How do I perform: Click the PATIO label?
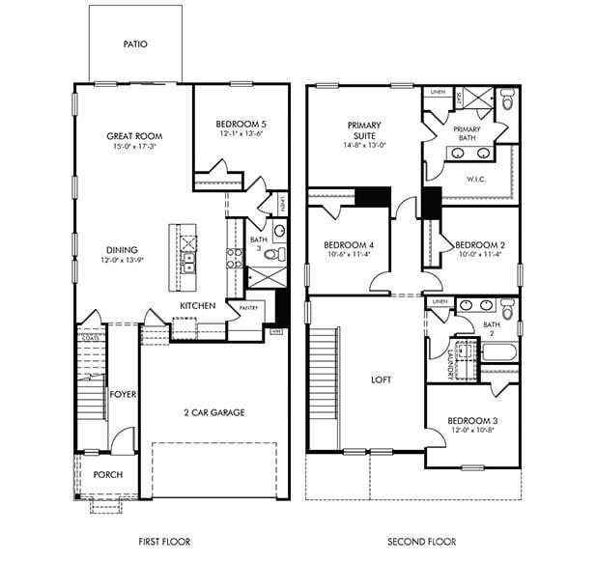(135, 44)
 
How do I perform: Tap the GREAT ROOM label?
(132, 136)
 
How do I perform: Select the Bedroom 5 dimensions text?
(240, 133)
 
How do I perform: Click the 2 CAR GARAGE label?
(213, 412)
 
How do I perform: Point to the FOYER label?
(122, 393)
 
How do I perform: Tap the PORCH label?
(107, 475)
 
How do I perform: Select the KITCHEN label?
(197, 306)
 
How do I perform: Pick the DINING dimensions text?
(122, 261)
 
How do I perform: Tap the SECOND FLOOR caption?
(421, 542)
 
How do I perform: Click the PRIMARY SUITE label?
(364, 130)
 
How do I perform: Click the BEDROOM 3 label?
(471, 419)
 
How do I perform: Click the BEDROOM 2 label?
(480, 244)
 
